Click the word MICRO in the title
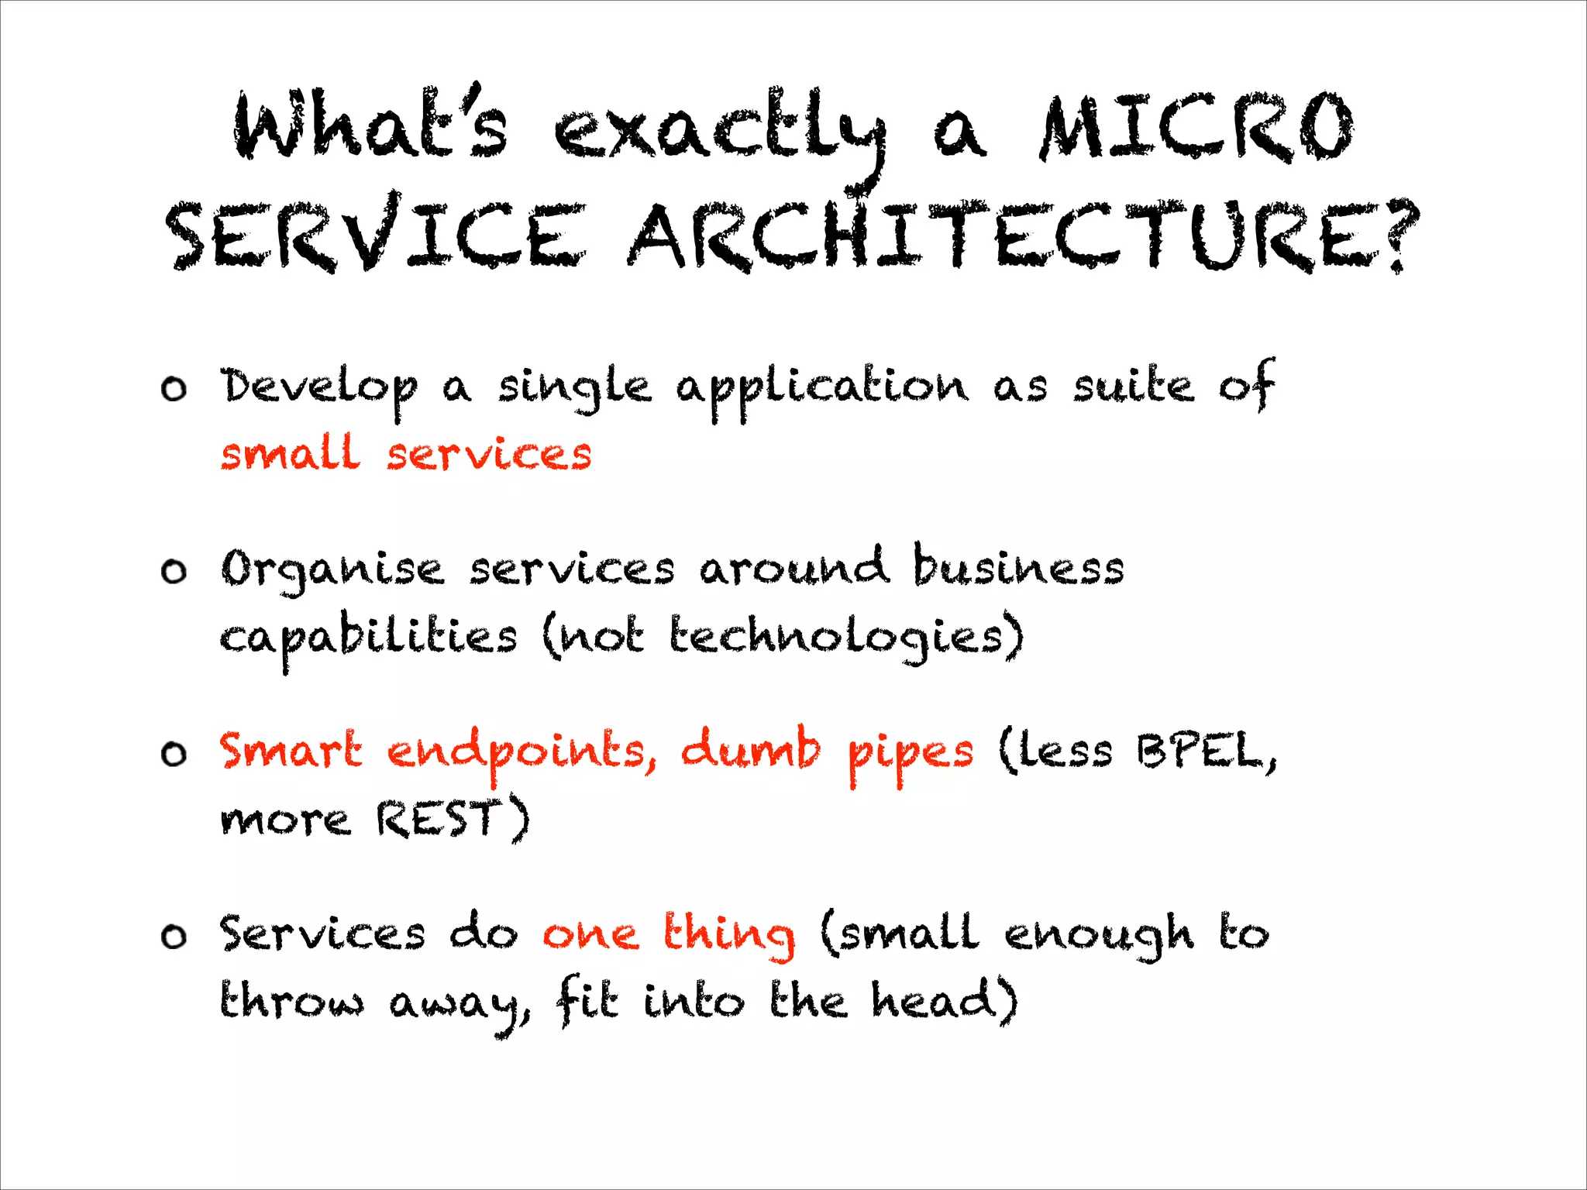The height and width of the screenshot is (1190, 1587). (x=1197, y=128)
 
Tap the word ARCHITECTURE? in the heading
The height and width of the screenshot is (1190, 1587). (x=1023, y=236)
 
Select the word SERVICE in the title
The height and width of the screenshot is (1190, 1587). (x=376, y=236)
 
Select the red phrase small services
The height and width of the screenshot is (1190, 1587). (x=406, y=454)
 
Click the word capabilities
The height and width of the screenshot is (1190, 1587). (x=368, y=639)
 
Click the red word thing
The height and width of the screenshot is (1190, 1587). (x=728, y=934)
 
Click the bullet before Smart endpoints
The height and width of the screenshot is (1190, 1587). (x=174, y=754)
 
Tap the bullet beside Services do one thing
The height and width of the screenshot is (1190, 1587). (x=174, y=937)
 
